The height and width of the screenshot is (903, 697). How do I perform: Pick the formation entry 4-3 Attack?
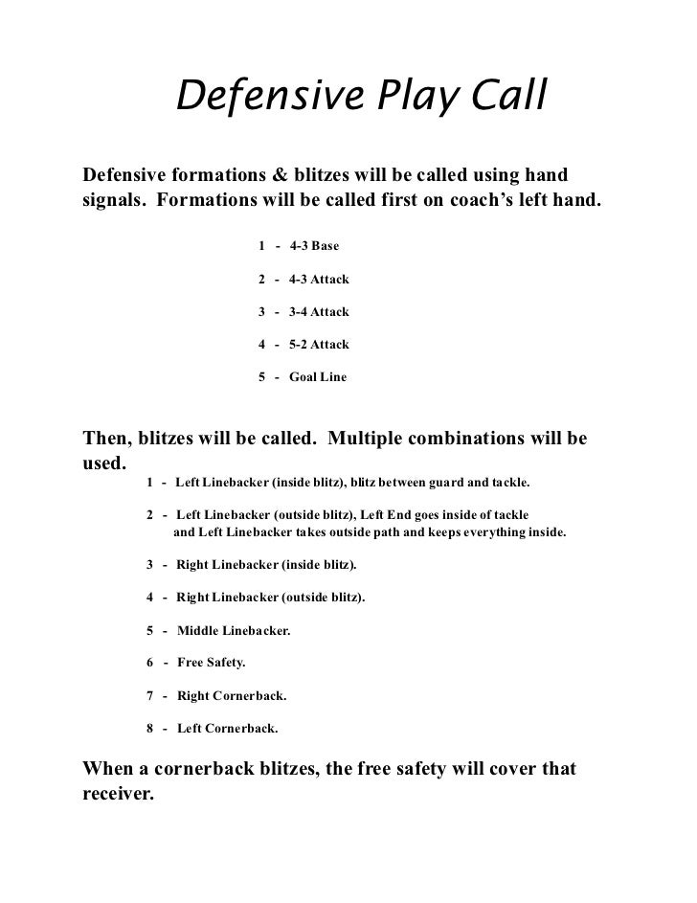tap(319, 280)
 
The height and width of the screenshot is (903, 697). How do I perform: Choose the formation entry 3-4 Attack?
tap(319, 312)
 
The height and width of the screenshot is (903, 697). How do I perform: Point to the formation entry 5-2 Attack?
tap(319, 345)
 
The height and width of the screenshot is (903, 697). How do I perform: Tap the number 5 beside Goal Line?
tap(262, 377)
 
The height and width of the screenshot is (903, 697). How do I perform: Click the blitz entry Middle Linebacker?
tap(234, 631)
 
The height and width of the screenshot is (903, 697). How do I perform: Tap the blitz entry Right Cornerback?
tap(232, 695)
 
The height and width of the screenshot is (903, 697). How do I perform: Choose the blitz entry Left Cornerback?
tap(228, 728)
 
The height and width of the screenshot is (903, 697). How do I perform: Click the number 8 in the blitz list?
tap(150, 728)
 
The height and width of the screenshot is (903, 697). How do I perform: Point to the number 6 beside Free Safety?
tap(150, 663)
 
